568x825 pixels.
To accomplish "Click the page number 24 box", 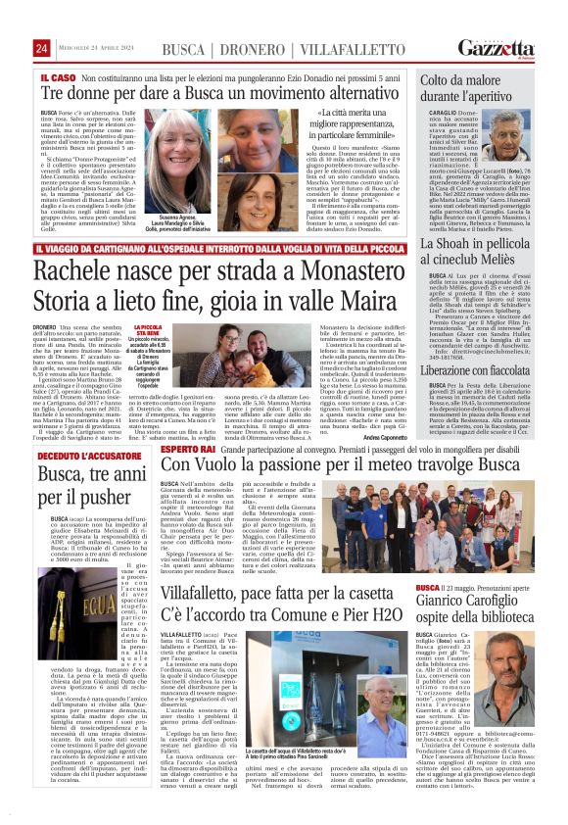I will point(42,48).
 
